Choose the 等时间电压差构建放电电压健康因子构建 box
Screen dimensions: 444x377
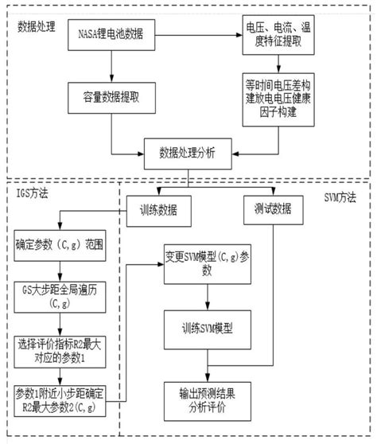(x=281, y=99)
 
